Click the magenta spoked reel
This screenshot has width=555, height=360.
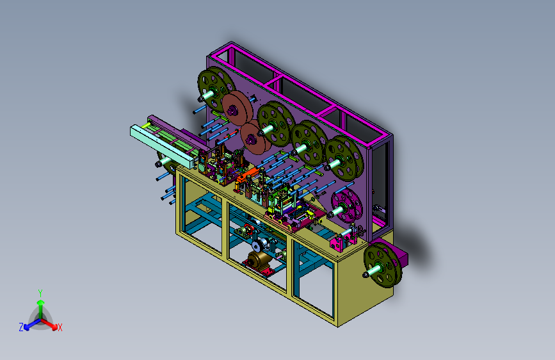[x=347, y=205]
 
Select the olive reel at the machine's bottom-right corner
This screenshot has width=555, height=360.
[x=383, y=265]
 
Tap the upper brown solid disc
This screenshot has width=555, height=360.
[x=237, y=108]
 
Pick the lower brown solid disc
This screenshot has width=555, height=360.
[x=255, y=137]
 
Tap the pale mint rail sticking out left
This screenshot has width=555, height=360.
[x=162, y=146]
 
